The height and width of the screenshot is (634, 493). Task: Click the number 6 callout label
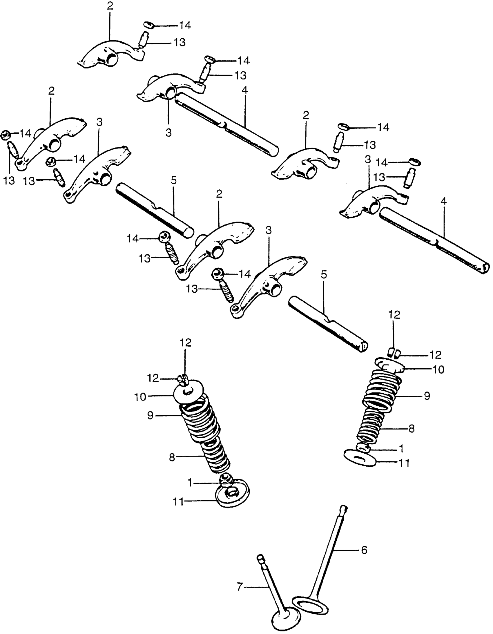click(364, 550)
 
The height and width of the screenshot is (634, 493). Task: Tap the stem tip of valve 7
click(260, 557)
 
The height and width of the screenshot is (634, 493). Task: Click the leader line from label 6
click(347, 550)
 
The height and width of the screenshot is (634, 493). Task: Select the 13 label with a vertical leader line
click(9, 181)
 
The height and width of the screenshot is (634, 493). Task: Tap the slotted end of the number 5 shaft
click(363, 347)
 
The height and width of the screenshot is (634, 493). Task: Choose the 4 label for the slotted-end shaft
click(443, 201)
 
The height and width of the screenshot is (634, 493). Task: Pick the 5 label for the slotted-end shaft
click(323, 274)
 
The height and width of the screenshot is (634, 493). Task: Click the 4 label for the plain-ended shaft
click(244, 90)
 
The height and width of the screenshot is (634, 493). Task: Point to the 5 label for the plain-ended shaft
click(173, 181)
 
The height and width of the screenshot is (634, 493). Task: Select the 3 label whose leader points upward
click(169, 133)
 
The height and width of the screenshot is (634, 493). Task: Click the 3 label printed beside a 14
click(368, 160)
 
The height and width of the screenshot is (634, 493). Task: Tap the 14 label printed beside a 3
click(382, 163)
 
